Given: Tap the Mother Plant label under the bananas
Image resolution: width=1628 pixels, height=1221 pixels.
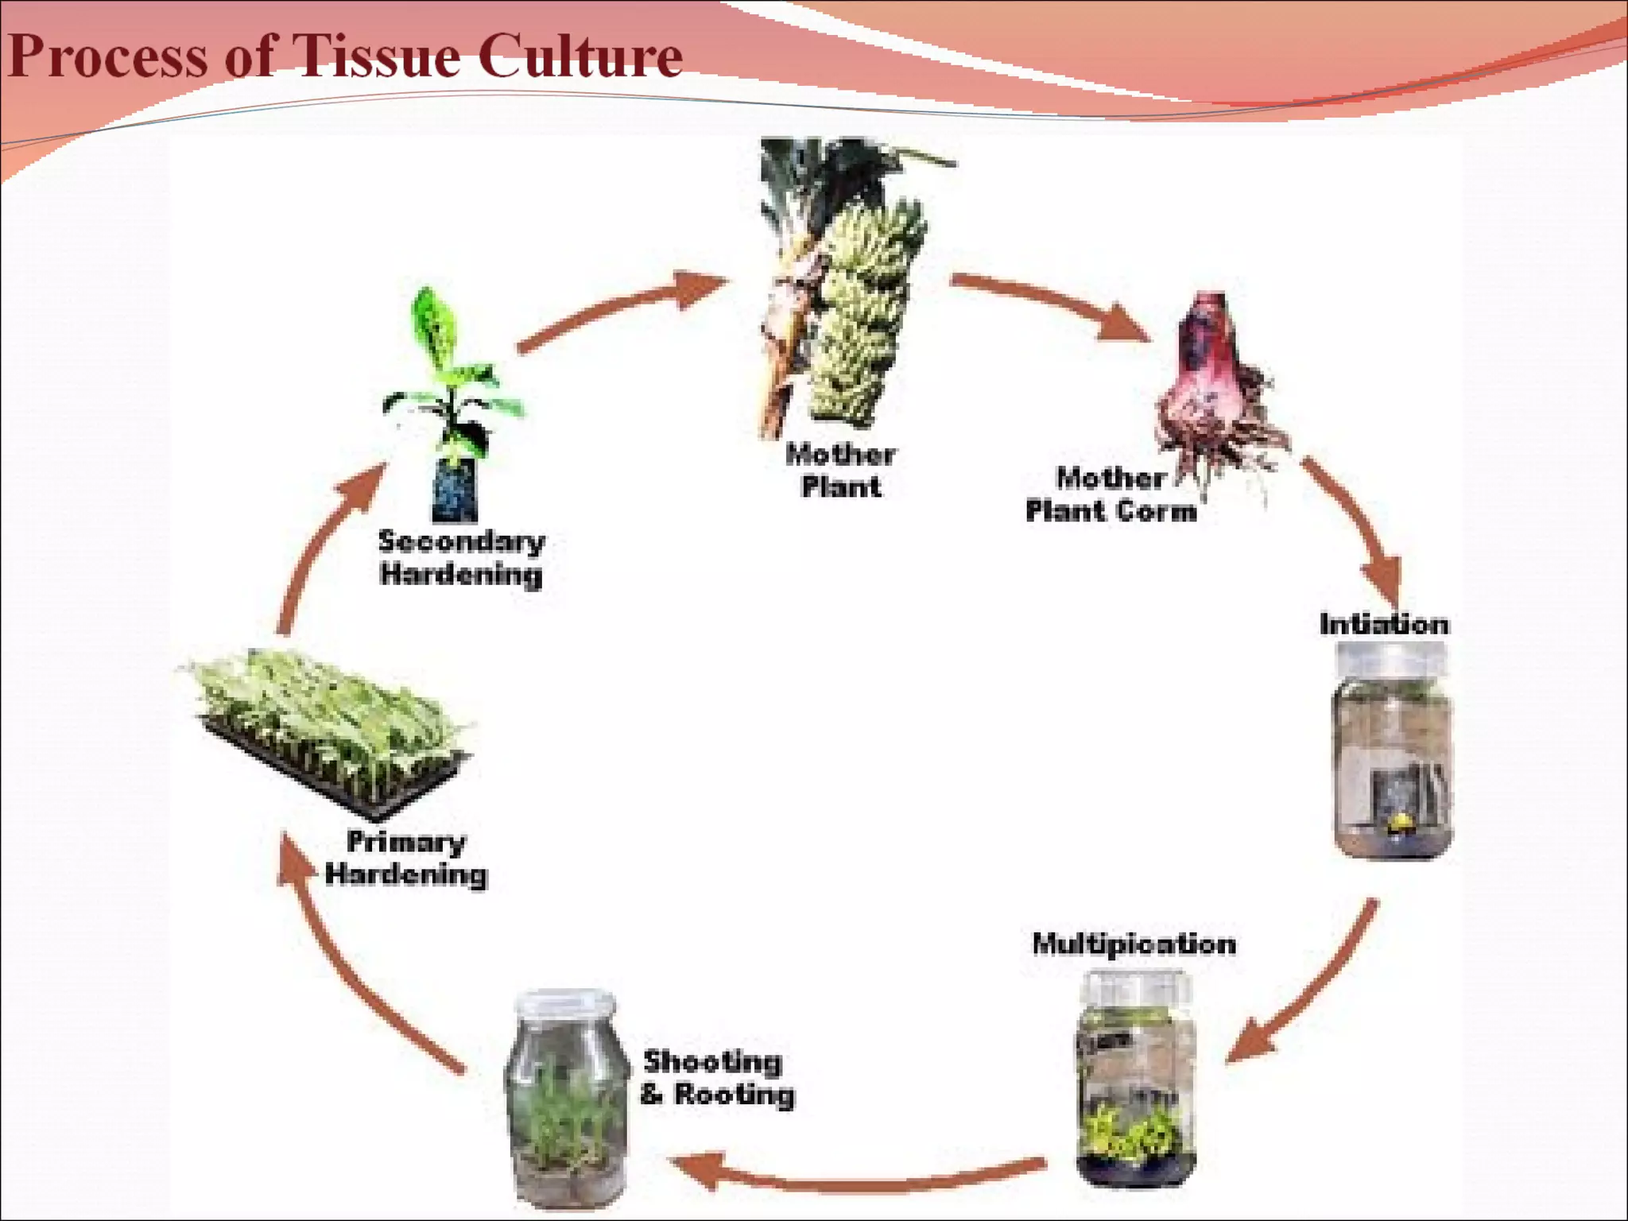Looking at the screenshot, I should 840,471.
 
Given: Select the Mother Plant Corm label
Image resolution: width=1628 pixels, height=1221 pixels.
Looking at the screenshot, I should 1111,494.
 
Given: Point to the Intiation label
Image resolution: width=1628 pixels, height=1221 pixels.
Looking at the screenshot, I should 1384,624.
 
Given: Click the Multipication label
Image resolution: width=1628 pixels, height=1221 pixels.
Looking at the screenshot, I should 1134,944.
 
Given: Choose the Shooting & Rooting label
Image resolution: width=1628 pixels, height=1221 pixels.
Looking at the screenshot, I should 717,1078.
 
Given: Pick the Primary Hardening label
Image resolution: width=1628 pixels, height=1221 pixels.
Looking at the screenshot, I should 406,859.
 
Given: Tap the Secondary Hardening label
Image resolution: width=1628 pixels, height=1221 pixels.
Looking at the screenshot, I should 462,557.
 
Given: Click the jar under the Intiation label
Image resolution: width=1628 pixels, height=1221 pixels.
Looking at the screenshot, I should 1393,751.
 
